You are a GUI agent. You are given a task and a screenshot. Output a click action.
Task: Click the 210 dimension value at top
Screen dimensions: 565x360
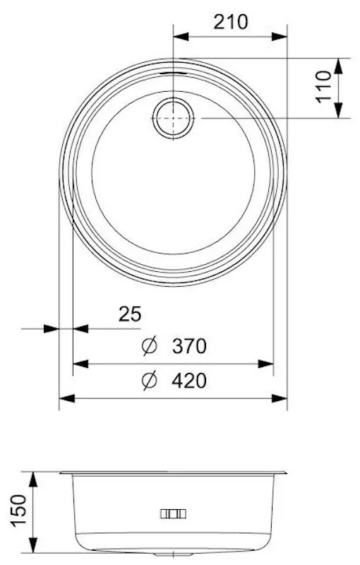[x=231, y=22]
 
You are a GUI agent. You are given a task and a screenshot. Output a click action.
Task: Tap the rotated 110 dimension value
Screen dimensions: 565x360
[x=325, y=87]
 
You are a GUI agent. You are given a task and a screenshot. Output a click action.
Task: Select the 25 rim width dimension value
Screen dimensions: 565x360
[x=130, y=314]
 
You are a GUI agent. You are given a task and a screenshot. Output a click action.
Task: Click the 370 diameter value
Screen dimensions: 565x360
[x=188, y=347]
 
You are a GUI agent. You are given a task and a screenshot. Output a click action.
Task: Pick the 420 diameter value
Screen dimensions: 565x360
[x=188, y=381]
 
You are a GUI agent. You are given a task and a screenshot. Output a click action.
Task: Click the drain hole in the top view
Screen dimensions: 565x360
[x=173, y=117]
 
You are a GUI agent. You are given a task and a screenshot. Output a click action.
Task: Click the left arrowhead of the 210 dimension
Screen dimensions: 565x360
[x=181, y=35]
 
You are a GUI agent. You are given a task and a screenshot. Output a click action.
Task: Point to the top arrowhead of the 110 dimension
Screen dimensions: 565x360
[x=340, y=65]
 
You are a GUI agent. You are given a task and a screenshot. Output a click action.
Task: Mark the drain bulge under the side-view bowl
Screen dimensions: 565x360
[x=173, y=550]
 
